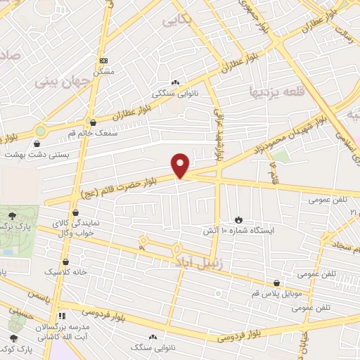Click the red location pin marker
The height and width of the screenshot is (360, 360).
coord(181,165)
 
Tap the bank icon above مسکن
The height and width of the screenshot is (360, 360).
coord(104,61)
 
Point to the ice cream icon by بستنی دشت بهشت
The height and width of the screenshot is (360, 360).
coord(46,143)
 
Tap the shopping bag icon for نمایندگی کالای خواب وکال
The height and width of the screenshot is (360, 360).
coord(75,212)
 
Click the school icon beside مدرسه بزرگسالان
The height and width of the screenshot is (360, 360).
coord(62,316)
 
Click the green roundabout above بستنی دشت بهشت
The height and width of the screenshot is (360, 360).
coord(41,131)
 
